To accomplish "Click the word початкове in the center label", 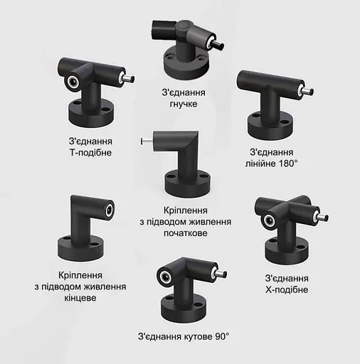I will point(185,234).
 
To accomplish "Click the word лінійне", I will point(263,164).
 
